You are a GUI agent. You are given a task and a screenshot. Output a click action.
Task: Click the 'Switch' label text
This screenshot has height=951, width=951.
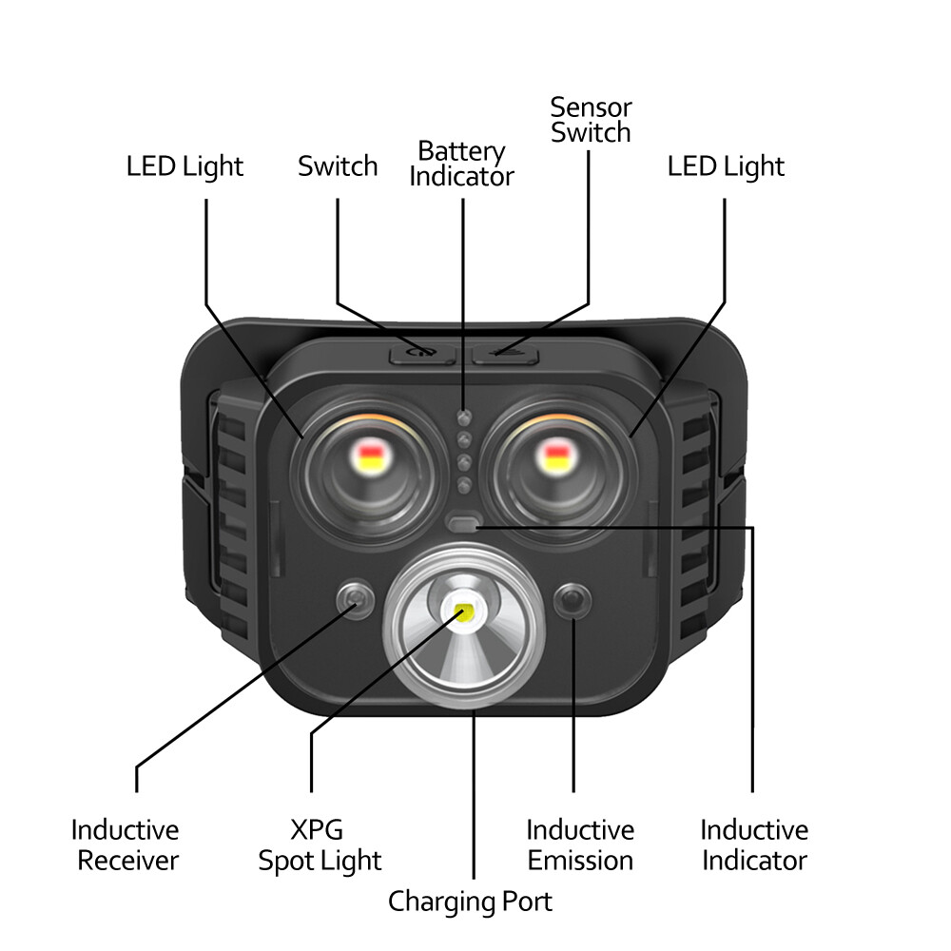338,166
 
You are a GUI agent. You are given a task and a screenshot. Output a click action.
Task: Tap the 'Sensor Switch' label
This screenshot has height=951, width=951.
591,120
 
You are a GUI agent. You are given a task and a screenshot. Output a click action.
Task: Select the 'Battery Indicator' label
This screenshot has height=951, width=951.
461,164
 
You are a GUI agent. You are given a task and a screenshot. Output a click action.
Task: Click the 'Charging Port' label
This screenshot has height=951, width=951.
470,901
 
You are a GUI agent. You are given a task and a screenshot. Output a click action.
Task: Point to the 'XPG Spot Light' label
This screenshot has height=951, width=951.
320,845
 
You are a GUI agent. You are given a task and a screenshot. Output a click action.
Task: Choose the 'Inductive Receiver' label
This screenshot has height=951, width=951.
126,845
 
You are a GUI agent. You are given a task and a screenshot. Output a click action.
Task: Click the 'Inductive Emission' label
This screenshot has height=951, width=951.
580,845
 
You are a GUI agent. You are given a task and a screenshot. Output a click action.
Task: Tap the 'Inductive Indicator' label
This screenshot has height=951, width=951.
754,845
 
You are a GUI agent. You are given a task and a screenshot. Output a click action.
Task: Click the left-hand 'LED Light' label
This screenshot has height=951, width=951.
185,166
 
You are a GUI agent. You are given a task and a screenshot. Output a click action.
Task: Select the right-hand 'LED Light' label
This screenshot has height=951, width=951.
726,166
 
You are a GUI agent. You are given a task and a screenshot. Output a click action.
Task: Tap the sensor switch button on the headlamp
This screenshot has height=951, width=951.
505,354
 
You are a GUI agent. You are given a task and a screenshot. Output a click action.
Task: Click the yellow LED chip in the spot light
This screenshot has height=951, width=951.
465,611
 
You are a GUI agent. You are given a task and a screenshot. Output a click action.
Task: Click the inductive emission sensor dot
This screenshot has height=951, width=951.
573,601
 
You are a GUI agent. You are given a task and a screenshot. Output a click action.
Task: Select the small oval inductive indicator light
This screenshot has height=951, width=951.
464,524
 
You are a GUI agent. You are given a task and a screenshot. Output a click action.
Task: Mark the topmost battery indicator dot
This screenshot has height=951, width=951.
463,417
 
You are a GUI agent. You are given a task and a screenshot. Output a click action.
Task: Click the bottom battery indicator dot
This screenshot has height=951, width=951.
463,485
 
